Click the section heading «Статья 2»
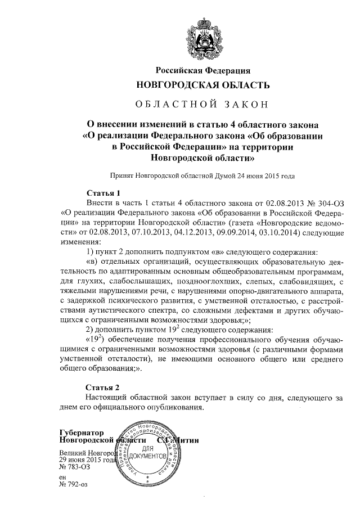click(x=103, y=388)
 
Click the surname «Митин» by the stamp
click(x=186, y=440)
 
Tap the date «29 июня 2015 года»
click(x=85, y=460)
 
